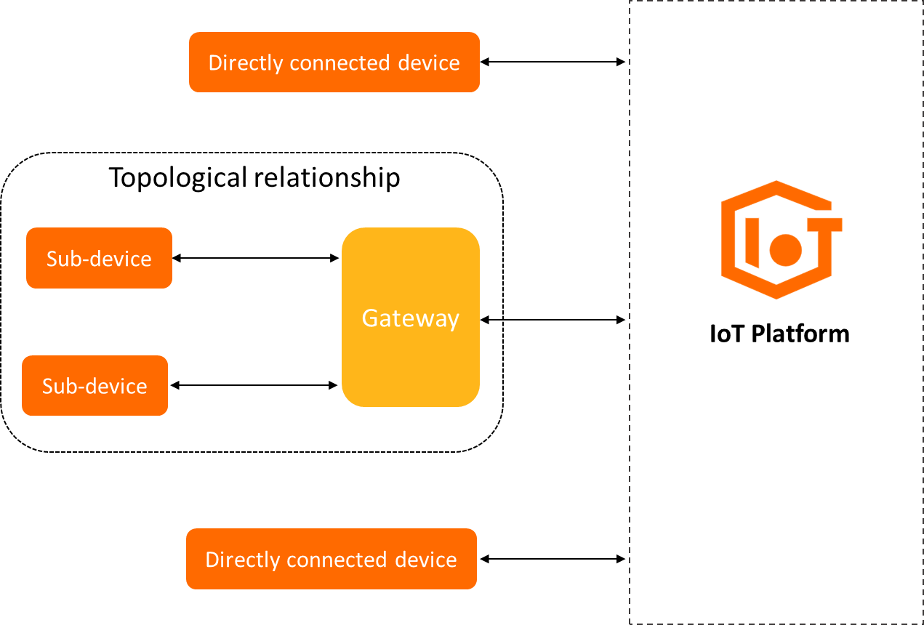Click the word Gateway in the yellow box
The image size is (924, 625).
410,318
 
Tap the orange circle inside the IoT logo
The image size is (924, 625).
785,250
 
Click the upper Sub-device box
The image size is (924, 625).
99,258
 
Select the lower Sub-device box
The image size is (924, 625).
95,385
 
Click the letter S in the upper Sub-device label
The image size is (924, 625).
52,259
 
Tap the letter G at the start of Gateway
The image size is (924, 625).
369,318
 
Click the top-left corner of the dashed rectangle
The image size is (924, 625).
630,1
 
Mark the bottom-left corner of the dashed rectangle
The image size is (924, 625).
630,623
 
